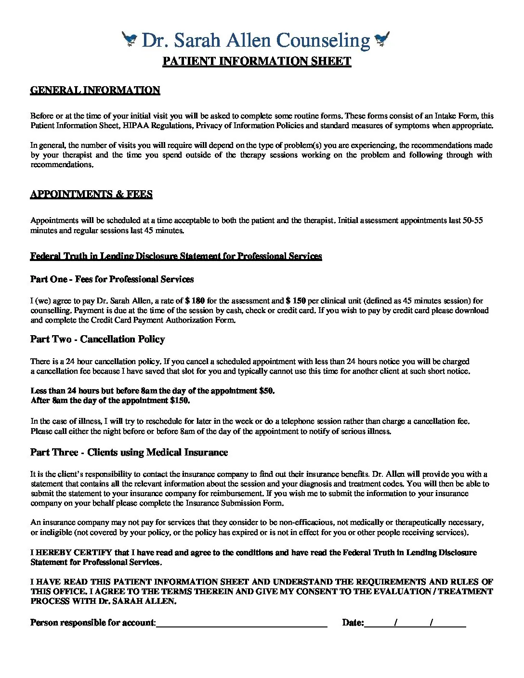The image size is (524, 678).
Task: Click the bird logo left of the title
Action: point(130,39)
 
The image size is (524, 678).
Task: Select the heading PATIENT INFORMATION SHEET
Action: point(257,61)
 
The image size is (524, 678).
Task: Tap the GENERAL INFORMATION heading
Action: point(95,90)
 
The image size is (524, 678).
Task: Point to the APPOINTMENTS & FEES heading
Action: point(91,194)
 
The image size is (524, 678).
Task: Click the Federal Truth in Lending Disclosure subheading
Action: point(176,256)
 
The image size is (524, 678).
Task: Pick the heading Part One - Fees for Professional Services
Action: point(112,279)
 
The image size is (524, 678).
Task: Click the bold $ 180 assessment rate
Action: point(195,301)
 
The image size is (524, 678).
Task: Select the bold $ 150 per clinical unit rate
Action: point(296,301)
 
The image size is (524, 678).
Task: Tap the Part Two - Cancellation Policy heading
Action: point(97,339)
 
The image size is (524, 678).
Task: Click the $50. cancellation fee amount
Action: point(267,391)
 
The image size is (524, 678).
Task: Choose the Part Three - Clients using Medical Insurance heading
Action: point(129,452)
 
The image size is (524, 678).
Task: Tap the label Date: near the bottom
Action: point(353,623)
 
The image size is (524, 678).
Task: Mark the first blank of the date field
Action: point(379,623)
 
